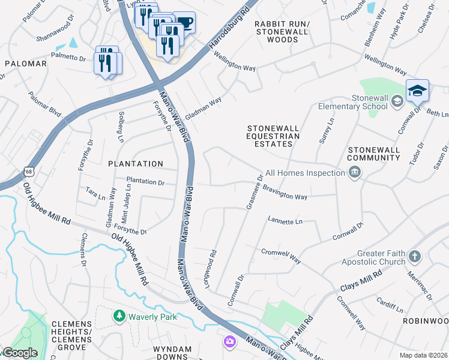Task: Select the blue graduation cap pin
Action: pyautogui.click(x=417, y=91)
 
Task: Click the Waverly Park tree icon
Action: pyautogui.click(x=119, y=316)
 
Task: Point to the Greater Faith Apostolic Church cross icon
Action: pyautogui.click(x=414, y=257)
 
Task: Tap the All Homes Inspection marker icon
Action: pyautogui.click(x=355, y=173)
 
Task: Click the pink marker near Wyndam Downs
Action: pyautogui.click(x=229, y=341)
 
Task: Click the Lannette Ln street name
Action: pyautogui.click(x=285, y=221)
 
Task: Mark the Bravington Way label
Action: pyautogui.click(x=285, y=196)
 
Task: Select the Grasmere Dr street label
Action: pyautogui.click(x=255, y=192)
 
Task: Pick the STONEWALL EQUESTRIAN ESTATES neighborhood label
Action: pyautogui.click(x=274, y=136)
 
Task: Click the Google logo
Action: pyautogui.click(x=20, y=353)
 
